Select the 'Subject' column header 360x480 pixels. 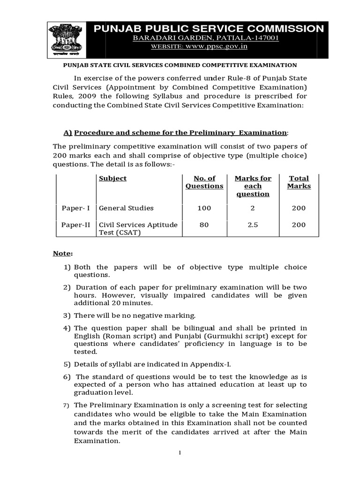point(112,179)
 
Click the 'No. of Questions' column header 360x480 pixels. point(204,182)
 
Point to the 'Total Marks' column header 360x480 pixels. point(299,182)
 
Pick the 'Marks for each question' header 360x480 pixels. point(253,186)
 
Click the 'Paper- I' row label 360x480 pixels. point(75,208)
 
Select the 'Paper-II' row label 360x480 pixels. point(75,225)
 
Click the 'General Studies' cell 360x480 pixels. point(126,208)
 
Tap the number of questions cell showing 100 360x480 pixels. point(204,208)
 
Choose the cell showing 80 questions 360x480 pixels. point(204,225)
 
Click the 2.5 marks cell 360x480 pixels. point(253,225)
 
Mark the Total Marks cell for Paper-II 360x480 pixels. point(299,225)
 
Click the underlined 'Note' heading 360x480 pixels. point(62,254)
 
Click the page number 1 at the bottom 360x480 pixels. point(180,452)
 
